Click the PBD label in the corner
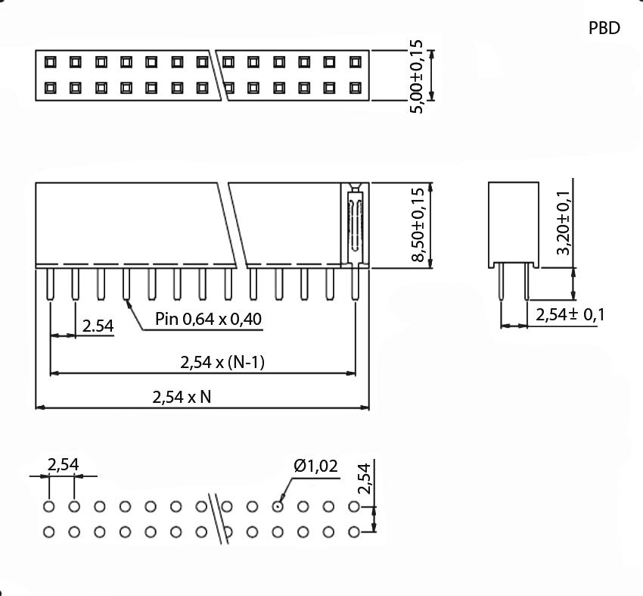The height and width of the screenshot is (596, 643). pyautogui.click(x=604, y=28)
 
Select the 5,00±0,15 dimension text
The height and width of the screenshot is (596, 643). pyautogui.click(x=416, y=76)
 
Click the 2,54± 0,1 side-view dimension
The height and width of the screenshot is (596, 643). pyautogui.click(x=570, y=315)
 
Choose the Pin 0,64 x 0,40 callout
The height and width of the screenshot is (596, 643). pyautogui.click(x=208, y=319)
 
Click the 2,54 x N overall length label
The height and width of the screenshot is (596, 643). pyautogui.click(x=182, y=396)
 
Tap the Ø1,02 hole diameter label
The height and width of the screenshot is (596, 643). pyautogui.click(x=315, y=466)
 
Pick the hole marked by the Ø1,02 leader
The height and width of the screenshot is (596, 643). pyautogui.click(x=278, y=507)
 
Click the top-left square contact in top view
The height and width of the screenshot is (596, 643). pyautogui.click(x=50, y=61)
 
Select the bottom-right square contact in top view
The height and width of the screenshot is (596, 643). pyautogui.click(x=355, y=88)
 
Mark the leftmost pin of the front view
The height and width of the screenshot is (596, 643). pyautogui.click(x=50, y=285)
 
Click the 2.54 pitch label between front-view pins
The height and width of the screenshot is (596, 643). pyautogui.click(x=98, y=326)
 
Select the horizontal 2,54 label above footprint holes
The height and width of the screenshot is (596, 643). pyautogui.click(x=63, y=465)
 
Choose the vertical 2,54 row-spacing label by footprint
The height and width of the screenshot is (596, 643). pyautogui.click(x=365, y=479)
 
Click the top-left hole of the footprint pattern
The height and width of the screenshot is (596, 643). pyautogui.click(x=49, y=507)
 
